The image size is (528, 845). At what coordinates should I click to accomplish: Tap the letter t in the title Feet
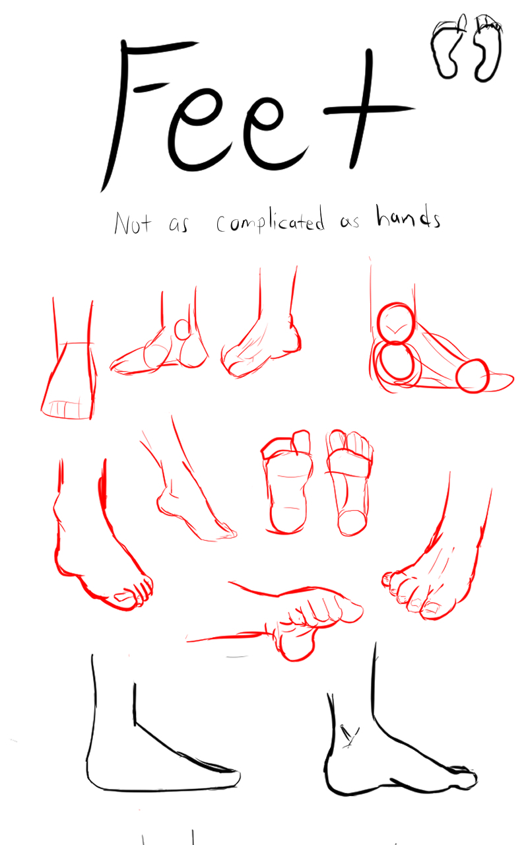point(363,110)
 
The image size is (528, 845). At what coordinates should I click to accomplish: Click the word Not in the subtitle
point(133,223)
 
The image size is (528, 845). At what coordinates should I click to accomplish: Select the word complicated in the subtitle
point(270,221)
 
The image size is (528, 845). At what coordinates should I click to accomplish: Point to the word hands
point(408,217)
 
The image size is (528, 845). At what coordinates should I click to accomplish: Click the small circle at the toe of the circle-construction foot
point(473,376)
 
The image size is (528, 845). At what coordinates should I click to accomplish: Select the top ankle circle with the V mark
point(396,323)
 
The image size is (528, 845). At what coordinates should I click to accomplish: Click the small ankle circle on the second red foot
point(183,329)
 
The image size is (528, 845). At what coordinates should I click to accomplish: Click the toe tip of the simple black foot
point(238,778)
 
